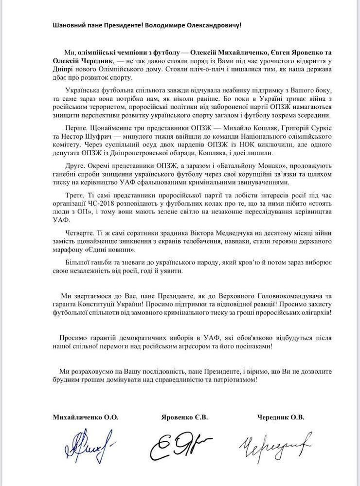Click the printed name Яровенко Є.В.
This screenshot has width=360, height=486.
[x=182, y=417]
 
